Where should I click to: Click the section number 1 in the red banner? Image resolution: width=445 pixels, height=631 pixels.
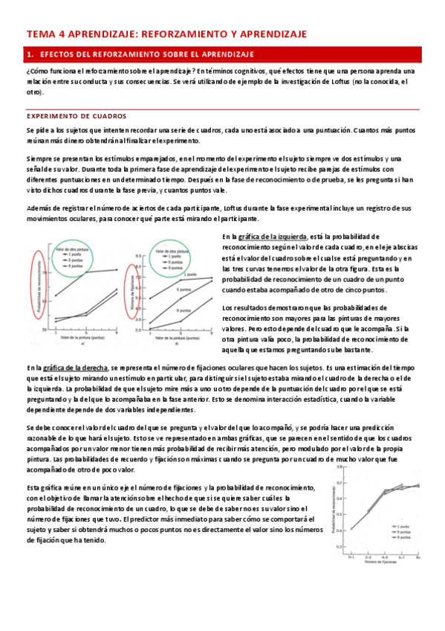(x=30, y=54)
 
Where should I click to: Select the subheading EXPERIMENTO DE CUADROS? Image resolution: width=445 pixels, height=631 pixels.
(x=77, y=116)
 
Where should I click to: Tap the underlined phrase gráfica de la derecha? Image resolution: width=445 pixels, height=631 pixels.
(x=76, y=367)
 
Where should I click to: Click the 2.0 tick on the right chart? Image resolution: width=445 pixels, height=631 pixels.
(x=138, y=329)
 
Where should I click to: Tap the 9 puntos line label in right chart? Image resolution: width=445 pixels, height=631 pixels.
(x=175, y=270)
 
